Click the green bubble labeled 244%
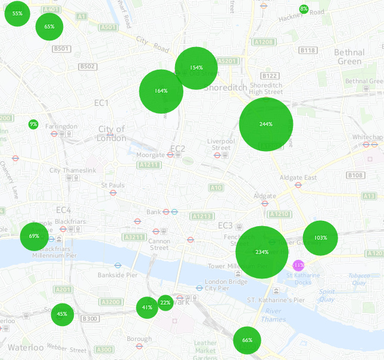266,124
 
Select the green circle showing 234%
261,252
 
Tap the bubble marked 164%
161,91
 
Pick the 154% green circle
196,68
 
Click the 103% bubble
320,238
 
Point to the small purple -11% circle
298,265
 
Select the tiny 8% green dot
304,9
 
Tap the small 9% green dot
33,124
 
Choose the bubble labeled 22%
166,303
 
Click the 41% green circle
147,308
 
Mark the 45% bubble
62,314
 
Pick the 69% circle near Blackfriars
34,236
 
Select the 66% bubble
247,340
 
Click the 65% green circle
49,26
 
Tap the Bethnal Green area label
349,57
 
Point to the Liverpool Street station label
221,144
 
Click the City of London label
112,134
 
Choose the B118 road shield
308,51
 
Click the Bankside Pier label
117,275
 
